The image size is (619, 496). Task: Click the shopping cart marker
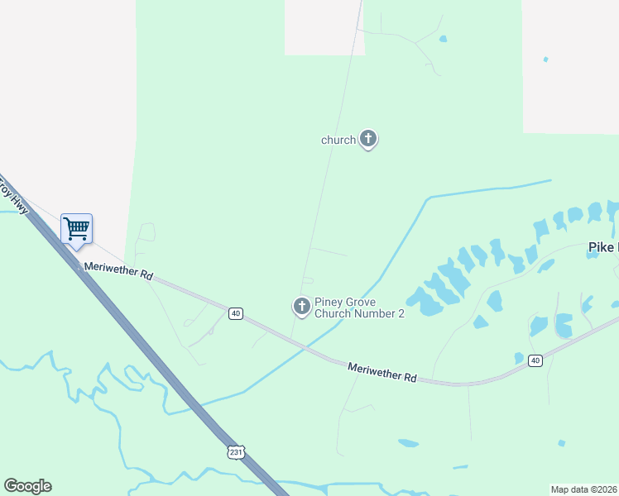76,228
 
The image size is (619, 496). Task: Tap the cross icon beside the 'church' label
368,139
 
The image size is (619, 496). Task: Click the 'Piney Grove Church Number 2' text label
359,308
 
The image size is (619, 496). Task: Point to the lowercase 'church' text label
338,141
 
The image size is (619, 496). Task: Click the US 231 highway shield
236,452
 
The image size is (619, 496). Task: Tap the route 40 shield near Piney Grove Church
237,313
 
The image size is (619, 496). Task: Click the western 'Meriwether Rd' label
118,272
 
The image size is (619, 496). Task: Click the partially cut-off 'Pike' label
602,247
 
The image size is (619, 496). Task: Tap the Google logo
27,486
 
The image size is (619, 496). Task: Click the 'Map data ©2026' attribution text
584,489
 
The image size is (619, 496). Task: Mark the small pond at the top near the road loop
443,39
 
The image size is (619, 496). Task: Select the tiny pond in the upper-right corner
545,59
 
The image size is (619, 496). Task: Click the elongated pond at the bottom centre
408,443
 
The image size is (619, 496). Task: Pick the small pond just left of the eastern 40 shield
519,358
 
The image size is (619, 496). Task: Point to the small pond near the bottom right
562,443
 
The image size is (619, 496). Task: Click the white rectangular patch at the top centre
324,27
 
